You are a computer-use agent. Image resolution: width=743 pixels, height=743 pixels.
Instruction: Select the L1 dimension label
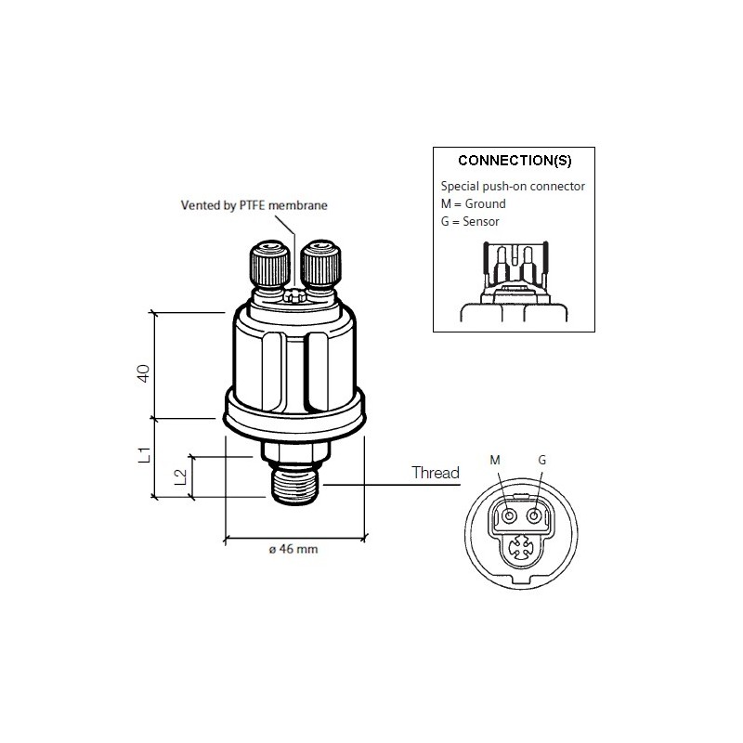click(143, 455)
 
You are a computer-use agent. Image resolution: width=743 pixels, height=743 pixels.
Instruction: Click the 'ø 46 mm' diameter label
click(293, 550)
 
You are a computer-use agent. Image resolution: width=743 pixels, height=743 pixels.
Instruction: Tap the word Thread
click(436, 474)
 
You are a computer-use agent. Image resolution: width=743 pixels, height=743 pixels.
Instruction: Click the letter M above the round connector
click(494, 461)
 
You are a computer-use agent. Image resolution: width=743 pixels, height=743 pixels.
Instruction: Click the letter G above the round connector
click(541, 461)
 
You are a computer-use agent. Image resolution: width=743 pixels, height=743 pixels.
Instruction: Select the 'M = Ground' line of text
click(475, 203)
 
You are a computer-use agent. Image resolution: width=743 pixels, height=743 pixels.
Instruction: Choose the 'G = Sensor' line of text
click(471, 221)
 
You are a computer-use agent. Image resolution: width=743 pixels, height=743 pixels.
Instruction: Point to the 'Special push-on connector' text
click(513, 187)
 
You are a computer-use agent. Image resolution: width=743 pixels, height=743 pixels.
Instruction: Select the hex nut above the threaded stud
click(293, 453)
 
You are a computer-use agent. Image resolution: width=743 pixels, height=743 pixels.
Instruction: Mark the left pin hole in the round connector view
click(509, 515)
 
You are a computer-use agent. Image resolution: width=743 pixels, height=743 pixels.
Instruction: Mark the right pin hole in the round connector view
click(534, 515)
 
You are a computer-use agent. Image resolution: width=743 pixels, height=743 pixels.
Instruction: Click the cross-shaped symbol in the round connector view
click(523, 549)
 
